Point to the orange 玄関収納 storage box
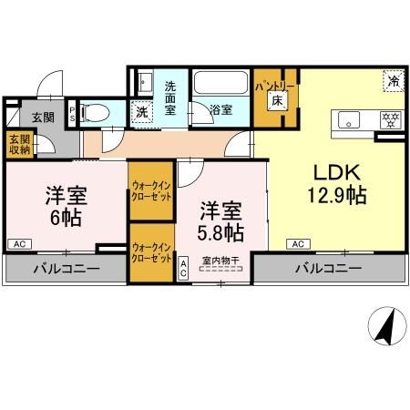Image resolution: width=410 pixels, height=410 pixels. pyautogui.click(x=17, y=145)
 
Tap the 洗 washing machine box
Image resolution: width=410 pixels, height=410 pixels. pyautogui.click(x=141, y=114)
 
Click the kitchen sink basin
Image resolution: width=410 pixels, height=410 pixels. pyautogui.click(x=350, y=118)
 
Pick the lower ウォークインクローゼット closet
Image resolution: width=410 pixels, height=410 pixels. pyautogui.click(x=151, y=253)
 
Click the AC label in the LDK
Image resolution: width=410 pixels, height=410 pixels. pyautogui.click(x=297, y=243)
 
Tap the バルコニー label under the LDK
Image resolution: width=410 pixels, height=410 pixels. pyautogui.click(x=327, y=269)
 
